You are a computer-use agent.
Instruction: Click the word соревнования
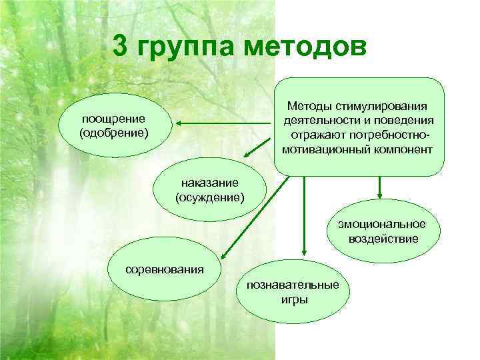coord(165,270)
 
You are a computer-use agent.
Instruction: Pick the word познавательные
coord(293,285)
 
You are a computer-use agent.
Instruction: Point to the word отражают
coord(317,135)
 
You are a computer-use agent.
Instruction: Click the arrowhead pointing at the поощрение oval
coord(181,123)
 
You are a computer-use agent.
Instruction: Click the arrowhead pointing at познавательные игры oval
coord(304,253)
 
